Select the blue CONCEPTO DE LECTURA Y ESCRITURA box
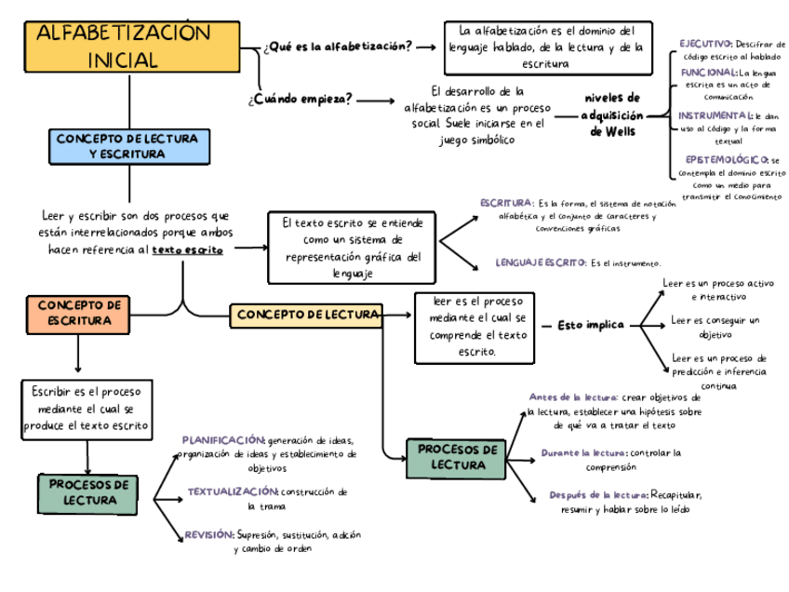127,145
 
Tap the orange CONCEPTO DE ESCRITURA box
79,313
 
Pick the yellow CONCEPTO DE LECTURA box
306,316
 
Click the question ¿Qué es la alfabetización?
338,47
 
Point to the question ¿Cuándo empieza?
300,100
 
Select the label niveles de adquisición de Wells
611,114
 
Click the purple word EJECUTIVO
705,44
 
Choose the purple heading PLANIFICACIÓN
223,439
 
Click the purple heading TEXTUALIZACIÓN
233,491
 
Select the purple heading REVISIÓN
208,535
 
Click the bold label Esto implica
590,325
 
